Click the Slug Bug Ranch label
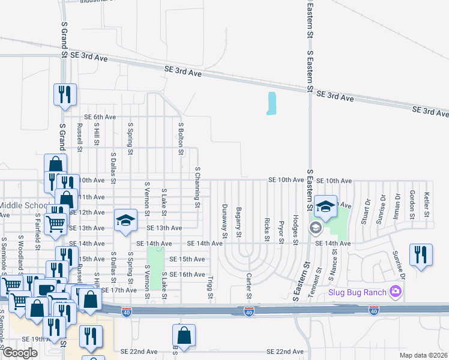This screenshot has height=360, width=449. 357,292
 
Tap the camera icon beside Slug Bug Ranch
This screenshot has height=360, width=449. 395,292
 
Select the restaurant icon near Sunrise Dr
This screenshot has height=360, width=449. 421,254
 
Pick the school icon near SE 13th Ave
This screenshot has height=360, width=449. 125,221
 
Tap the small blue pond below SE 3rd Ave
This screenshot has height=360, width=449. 271,103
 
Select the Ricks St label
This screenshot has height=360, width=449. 267,230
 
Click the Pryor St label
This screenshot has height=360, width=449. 281,231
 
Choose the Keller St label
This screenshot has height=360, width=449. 426,205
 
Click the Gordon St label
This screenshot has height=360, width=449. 412,205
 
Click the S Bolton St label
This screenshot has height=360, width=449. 181,138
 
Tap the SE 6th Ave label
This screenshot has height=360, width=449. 100,117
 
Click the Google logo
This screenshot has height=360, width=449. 20,353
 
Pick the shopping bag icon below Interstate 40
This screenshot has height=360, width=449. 184,337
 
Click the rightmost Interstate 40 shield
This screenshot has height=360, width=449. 373,310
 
